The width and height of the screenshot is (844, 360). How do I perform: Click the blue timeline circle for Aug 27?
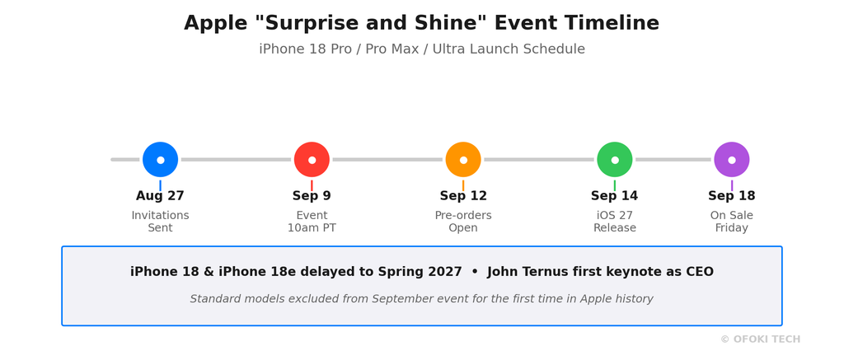[161, 160]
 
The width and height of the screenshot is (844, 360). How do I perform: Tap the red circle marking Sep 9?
[312, 160]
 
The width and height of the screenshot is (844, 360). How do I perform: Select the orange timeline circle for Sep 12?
[463, 160]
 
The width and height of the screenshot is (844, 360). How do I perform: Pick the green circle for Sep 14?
[615, 160]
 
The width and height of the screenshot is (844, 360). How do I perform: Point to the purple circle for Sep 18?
[732, 160]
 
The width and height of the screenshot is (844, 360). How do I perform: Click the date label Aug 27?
[160, 196]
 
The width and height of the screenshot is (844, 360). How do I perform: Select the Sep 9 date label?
[312, 196]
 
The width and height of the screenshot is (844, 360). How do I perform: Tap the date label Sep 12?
[463, 196]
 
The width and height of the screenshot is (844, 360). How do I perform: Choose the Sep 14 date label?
[615, 196]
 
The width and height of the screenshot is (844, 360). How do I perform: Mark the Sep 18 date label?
[732, 196]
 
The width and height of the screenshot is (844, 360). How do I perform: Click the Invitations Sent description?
[161, 222]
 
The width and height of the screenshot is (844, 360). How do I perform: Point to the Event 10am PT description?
[312, 222]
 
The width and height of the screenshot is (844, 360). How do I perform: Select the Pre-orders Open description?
[463, 222]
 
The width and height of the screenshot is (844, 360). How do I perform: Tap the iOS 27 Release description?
[615, 222]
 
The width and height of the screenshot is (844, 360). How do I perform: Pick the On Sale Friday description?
[732, 222]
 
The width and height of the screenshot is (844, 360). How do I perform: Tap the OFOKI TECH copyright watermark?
[761, 339]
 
